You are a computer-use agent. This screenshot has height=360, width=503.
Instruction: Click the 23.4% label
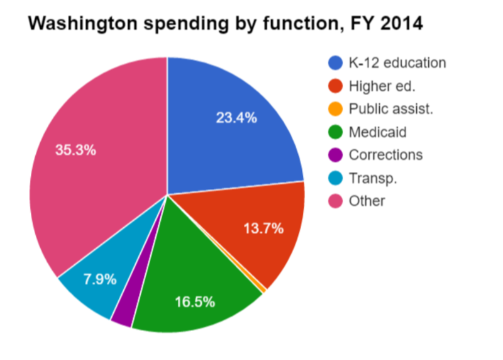tap(236, 118)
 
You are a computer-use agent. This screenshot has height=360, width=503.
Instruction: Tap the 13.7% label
tap(263, 228)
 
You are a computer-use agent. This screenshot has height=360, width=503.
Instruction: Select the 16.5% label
tap(194, 301)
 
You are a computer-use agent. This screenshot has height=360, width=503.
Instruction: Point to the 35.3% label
tap(75, 151)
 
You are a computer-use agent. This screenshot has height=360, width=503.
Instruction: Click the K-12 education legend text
tap(397, 63)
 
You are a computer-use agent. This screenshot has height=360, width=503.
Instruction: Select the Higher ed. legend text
tap(382, 86)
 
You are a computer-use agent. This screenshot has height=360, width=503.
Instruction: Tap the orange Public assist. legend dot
tap(336, 110)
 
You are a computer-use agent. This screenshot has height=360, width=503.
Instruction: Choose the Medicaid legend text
tap(377, 132)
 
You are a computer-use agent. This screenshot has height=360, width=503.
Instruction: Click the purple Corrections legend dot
tap(336, 155)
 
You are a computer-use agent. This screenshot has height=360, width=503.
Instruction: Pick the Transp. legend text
tap(373, 179)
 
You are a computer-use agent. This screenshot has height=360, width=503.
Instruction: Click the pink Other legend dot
tap(336, 201)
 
